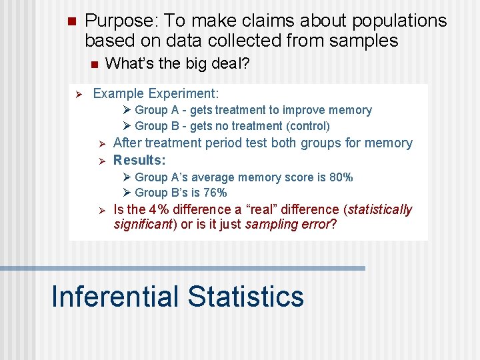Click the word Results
click(139, 160)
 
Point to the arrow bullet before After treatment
click(103, 143)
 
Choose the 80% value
click(341, 177)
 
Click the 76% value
click(215, 193)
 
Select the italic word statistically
click(380, 209)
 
